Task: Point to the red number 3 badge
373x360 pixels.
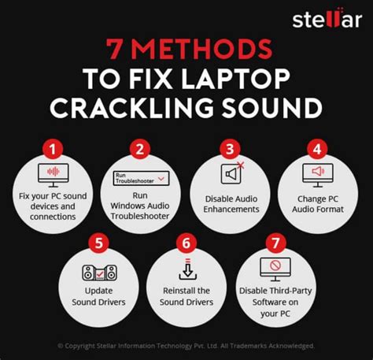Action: click(229, 148)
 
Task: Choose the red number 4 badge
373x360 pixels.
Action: click(316, 148)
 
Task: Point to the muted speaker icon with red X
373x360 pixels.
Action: click(233, 175)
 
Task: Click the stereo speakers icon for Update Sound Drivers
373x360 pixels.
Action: click(99, 274)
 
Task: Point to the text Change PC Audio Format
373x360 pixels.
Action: click(319, 204)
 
